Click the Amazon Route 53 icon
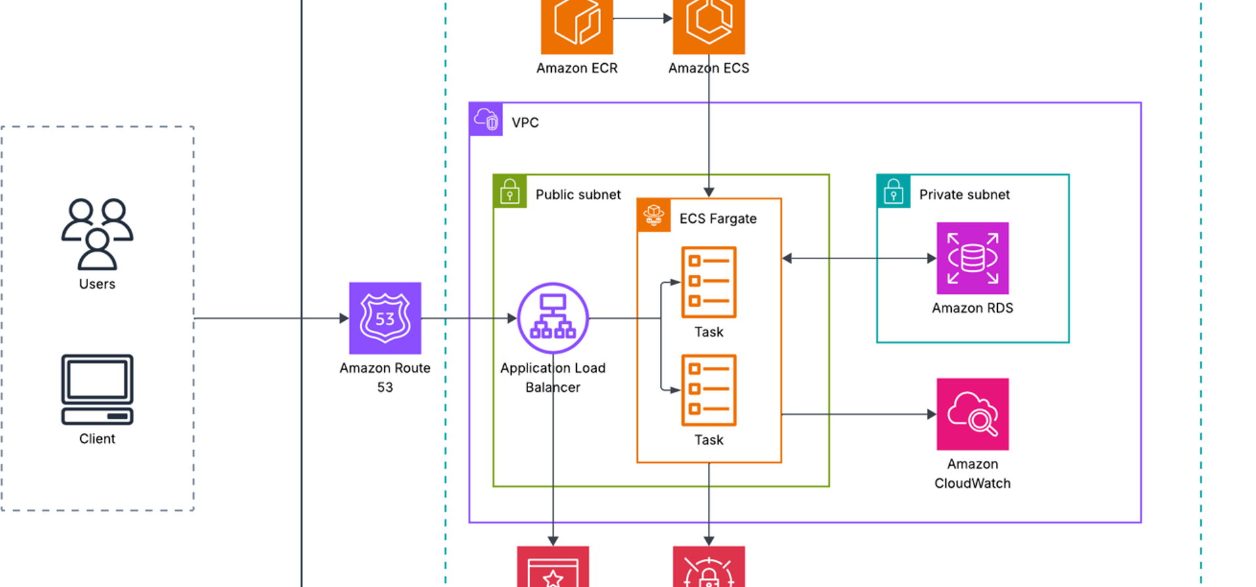(x=385, y=318)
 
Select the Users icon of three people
(x=97, y=234)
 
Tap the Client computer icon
(x=97, y=390)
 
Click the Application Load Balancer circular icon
(x=552, y=318)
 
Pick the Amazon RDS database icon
(x=972, y=258)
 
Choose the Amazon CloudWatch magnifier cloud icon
(x=972, y=414)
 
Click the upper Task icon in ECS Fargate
(x=709, y=282)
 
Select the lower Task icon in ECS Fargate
(x=709, y=390)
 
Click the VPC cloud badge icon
(x=486, y=120)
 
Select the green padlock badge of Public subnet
(x=510, y=191)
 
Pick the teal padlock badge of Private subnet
(x=893, y=191)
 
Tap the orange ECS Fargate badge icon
(x=654, y=216)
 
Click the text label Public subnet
(x=578, y=195)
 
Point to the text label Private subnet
(x=964, y=195)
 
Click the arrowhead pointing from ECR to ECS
(x=668, y=18)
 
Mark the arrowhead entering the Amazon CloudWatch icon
(x=931, y=414)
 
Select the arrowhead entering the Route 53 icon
(x=344, y=318)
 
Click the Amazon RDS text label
(x=972, y=308)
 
